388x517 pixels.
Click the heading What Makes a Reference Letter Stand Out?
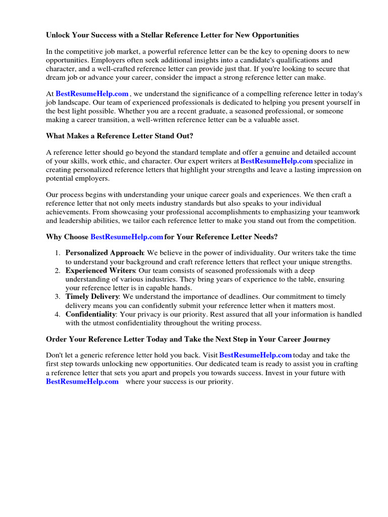(x=120, y=136)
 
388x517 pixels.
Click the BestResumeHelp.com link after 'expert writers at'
(x=276, y=161)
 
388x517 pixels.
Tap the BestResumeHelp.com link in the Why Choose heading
(x=126, y=237)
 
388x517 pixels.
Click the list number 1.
(x=58, y=253)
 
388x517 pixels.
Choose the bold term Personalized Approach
(x=105, y=253)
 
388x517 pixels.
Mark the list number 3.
(x=58, y=297)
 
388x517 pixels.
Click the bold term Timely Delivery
(x=92, y=297)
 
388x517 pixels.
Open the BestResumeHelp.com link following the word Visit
(x=256, y=355)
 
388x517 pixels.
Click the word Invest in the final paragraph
(x=273, y=373)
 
